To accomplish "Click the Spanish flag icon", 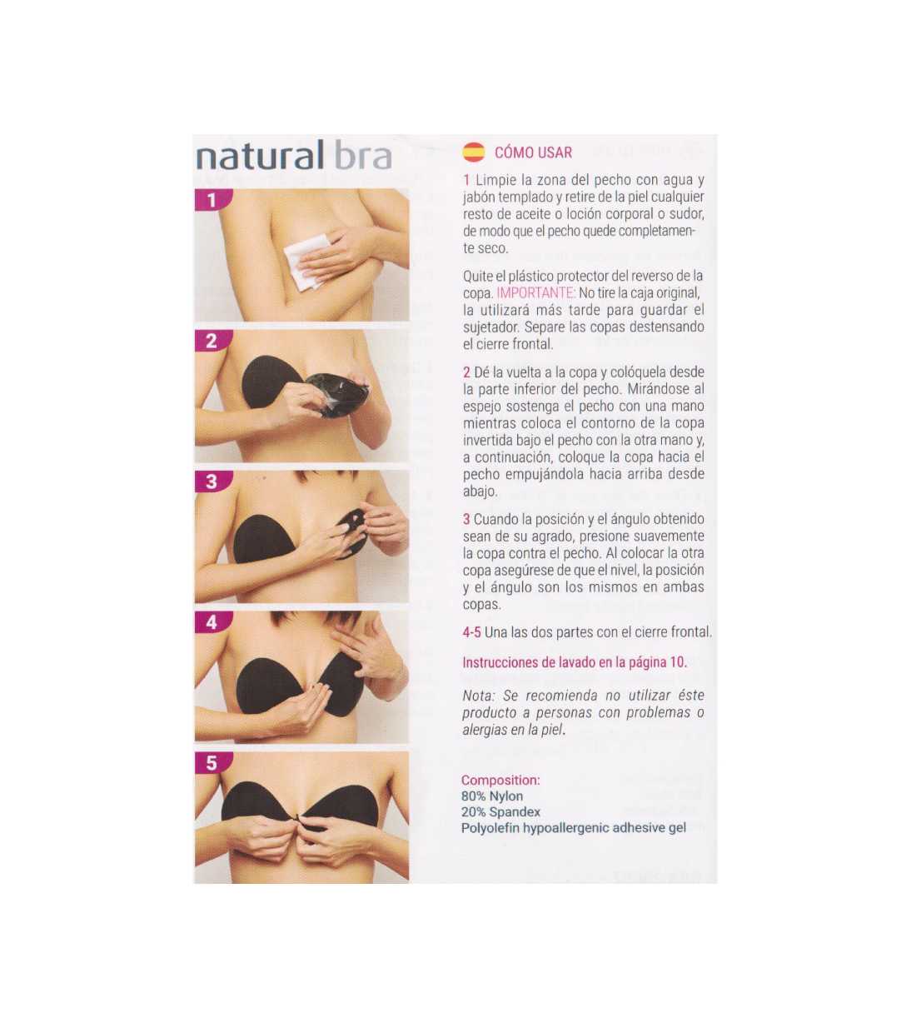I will [473, 152].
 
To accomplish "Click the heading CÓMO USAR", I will [533, 152].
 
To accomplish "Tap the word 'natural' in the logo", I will [260, 156].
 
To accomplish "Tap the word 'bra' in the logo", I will [362, 156].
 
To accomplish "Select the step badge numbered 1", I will [212, 200].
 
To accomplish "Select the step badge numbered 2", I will [212, 341].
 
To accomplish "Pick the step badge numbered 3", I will [212, 482].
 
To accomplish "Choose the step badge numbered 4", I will [212, 622].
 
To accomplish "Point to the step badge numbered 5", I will [212, 763].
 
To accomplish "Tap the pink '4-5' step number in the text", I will [471, 632].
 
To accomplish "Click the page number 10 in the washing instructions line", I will [678, 662].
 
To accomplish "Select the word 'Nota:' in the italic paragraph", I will [479, 696].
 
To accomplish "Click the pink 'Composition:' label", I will [500, 781].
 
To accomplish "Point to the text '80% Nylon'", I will [492, 796].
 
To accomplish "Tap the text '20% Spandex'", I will [500, 812].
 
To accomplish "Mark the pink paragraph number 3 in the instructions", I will [466, 519].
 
